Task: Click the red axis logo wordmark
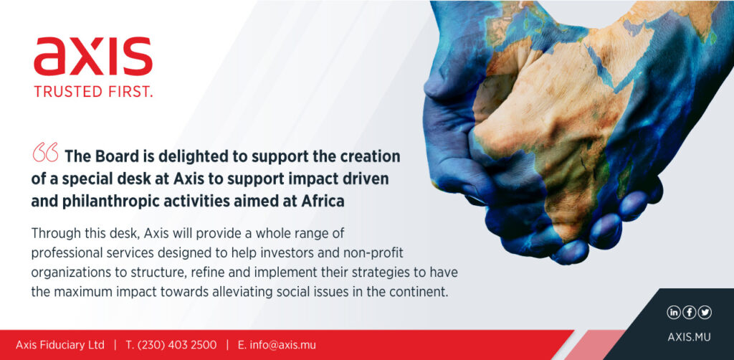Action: pos(93,56)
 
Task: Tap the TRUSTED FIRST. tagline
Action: pos(93,92)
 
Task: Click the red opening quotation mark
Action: pos(45,153)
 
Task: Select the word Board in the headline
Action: pos(113,156)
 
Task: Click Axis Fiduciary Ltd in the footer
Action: pos(60,346)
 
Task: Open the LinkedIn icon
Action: pos(673,312)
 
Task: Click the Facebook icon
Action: pos(689,312)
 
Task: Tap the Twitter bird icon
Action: pos(705,312)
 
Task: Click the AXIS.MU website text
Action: pos(689,337)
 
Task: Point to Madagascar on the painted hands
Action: pos(624,179)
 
